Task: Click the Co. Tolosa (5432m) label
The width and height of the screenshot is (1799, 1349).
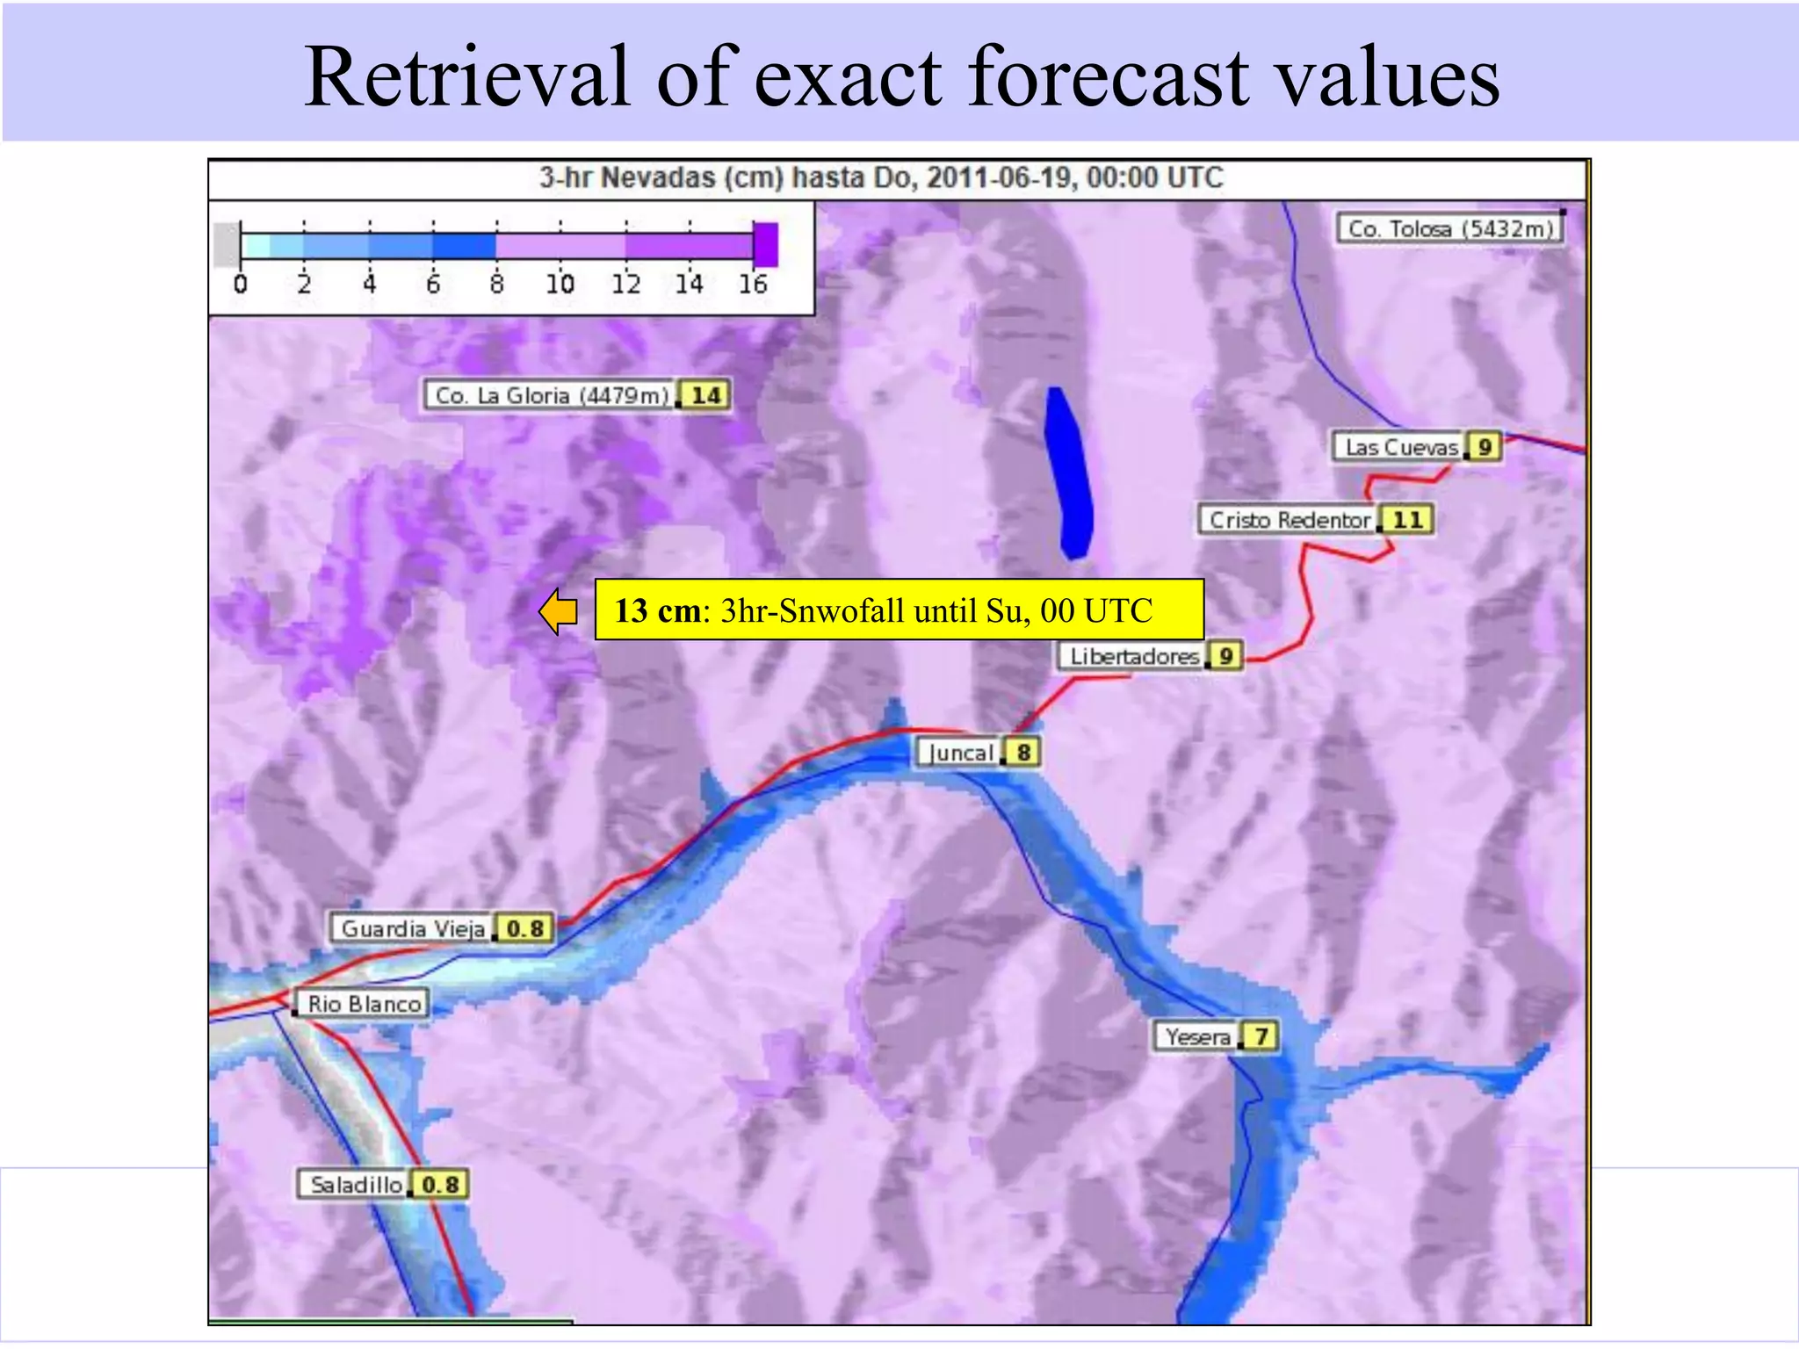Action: pyautogui.click(x=1450, y=229)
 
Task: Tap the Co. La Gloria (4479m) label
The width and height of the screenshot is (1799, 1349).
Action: pyautogui.click(x=551, y=396)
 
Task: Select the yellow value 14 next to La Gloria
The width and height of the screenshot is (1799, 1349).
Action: pyautogui.click(x=706, y=396)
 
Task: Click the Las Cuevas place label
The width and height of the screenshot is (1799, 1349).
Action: pyautogui.click(x=1400, y=448)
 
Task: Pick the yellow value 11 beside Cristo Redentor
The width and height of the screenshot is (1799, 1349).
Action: pyautogui.click(x=1407, y=520)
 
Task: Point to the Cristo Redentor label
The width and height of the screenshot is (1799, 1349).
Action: pyautogui.click(x=1289, y=520)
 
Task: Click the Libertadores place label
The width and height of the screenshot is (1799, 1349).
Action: pyautogui.click(x=1133, y=657)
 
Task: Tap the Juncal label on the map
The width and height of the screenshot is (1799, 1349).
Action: pyautogui.click(x=960, y=754)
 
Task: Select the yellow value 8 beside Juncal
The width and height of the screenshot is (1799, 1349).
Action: pyautogui.click(x=1023, y=753)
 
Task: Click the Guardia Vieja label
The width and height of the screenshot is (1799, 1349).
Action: pyautogui.click(x=412, y=929)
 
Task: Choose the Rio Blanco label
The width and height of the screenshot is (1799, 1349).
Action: pyautogui.click(x=364, y=1004)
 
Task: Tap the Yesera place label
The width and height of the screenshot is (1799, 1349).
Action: pyautogui.click(x=1197, y=1037)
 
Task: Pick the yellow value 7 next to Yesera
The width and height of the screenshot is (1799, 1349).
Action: pyautogui.click(x=1261, y=1037)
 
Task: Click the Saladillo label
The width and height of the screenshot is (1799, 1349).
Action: pyautogui.click(x=355, y=1186)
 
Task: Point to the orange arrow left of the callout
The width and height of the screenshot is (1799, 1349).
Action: pyautogui.click(x=559, y=611)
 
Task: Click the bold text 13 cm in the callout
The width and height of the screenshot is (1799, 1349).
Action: pyautogui.click(x=657, y=611)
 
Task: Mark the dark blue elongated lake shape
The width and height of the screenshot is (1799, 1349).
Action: pyautogui.click(x=1070, y=474)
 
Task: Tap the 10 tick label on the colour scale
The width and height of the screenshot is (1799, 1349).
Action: pyautogui.click(x=560, y=285)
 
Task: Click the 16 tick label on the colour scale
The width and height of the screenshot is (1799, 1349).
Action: pyautogui.click(x=753, y=285)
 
